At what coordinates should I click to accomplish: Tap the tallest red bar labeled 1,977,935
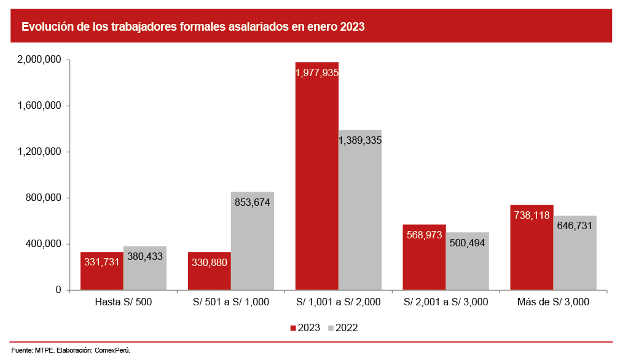click(x=316, y=178)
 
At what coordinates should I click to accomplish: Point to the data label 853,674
click(x=253, y=202)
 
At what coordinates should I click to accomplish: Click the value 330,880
click(x=210, y=262)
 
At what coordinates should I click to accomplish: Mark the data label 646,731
click(x=575, y=225)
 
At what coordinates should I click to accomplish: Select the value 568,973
click(x=424, y=235)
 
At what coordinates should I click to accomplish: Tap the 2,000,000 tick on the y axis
click(x=39, y=60)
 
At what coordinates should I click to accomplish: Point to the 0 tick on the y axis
click(x=58, y=290)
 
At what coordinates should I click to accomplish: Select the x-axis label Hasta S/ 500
click(x=124, y=302)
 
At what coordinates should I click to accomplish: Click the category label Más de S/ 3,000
click(x=553, y=302)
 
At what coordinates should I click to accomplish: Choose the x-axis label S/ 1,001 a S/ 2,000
click(x=338, y=302)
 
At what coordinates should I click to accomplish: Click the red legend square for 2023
click(x=293, y=328)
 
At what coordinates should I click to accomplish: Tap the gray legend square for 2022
click(x=331, y=328)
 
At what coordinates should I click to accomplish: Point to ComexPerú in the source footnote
click(x=112, y=350)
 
